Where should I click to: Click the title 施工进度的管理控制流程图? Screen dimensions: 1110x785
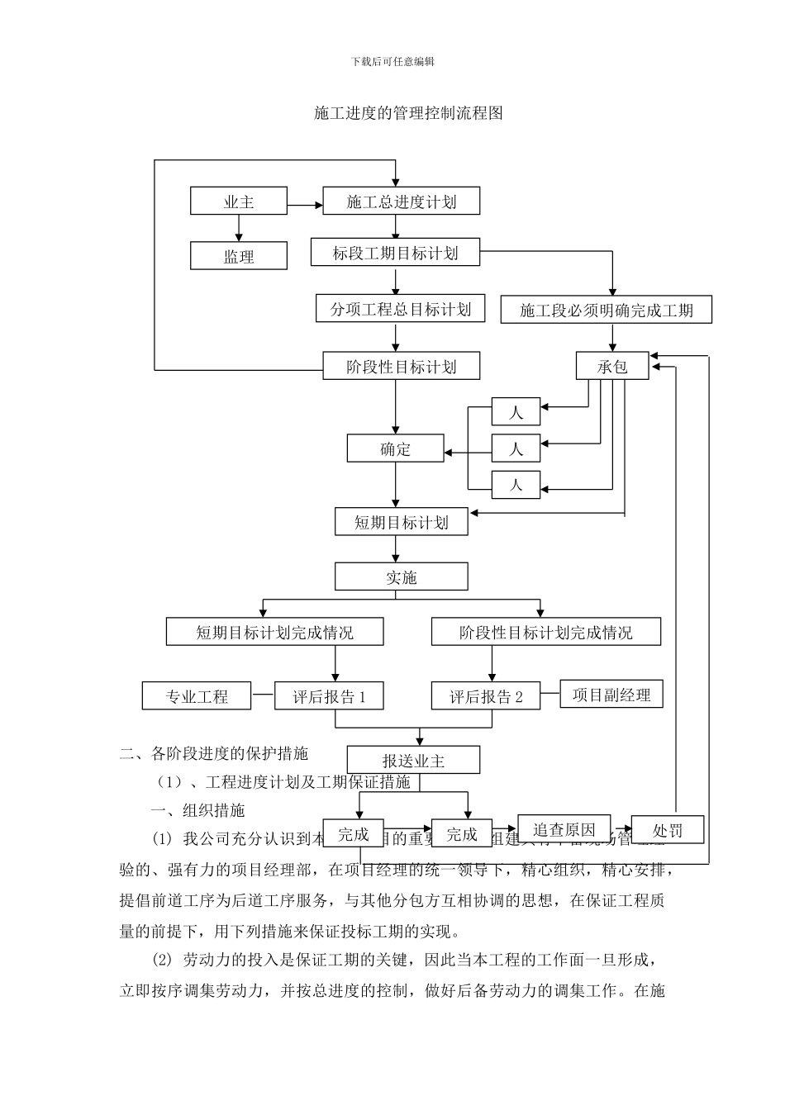(408, 113)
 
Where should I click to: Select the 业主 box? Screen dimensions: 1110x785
(239, 202)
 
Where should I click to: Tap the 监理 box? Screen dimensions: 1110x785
(239, 256)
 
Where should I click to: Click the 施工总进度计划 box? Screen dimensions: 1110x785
(401, 202)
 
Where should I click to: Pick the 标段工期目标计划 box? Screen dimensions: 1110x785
(395, 253)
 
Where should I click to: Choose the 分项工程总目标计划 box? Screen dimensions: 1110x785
(400, 309)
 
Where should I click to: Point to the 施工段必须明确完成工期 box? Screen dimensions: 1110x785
(606, 310)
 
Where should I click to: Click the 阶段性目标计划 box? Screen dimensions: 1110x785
(401, 366)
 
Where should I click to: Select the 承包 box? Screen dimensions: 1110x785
(612, 366)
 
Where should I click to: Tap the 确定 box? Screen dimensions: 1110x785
(395, 448)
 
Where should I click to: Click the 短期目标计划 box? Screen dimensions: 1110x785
(401, 522)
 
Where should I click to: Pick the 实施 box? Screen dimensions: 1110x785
(401, 576)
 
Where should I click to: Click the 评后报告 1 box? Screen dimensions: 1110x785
(329, 696)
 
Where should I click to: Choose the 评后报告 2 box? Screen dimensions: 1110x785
(486, 696)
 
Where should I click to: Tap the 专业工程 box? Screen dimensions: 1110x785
(197, 696)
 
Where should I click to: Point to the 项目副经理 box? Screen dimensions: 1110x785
(611, 695)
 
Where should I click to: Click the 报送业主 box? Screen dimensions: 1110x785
(413, 760)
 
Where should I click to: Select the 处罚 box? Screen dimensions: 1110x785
(667, 830)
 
